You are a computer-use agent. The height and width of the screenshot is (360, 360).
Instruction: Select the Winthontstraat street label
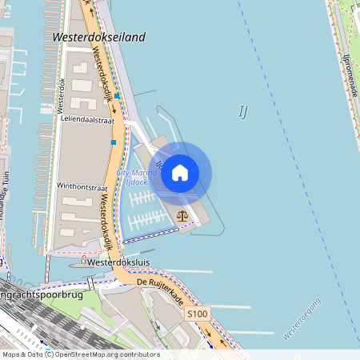click(x=82, y=185)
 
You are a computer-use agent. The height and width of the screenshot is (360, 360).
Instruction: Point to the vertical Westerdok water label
click(x=58, y=94)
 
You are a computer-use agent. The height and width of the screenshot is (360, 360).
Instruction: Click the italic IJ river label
click(x=243, y=112)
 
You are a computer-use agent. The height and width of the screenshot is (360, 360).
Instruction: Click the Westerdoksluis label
click(x=119, y=262)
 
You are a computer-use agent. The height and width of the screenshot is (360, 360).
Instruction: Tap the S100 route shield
click(x=198, y=314)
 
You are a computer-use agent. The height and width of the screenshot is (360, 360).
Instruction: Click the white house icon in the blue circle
click(x=180, y=172)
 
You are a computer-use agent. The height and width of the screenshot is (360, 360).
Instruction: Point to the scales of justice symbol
click(x=183, y=214)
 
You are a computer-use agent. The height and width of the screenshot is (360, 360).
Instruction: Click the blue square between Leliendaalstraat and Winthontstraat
click(x=114, y=142)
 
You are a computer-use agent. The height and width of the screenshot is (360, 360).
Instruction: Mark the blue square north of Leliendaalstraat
click(x=117, y=95)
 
